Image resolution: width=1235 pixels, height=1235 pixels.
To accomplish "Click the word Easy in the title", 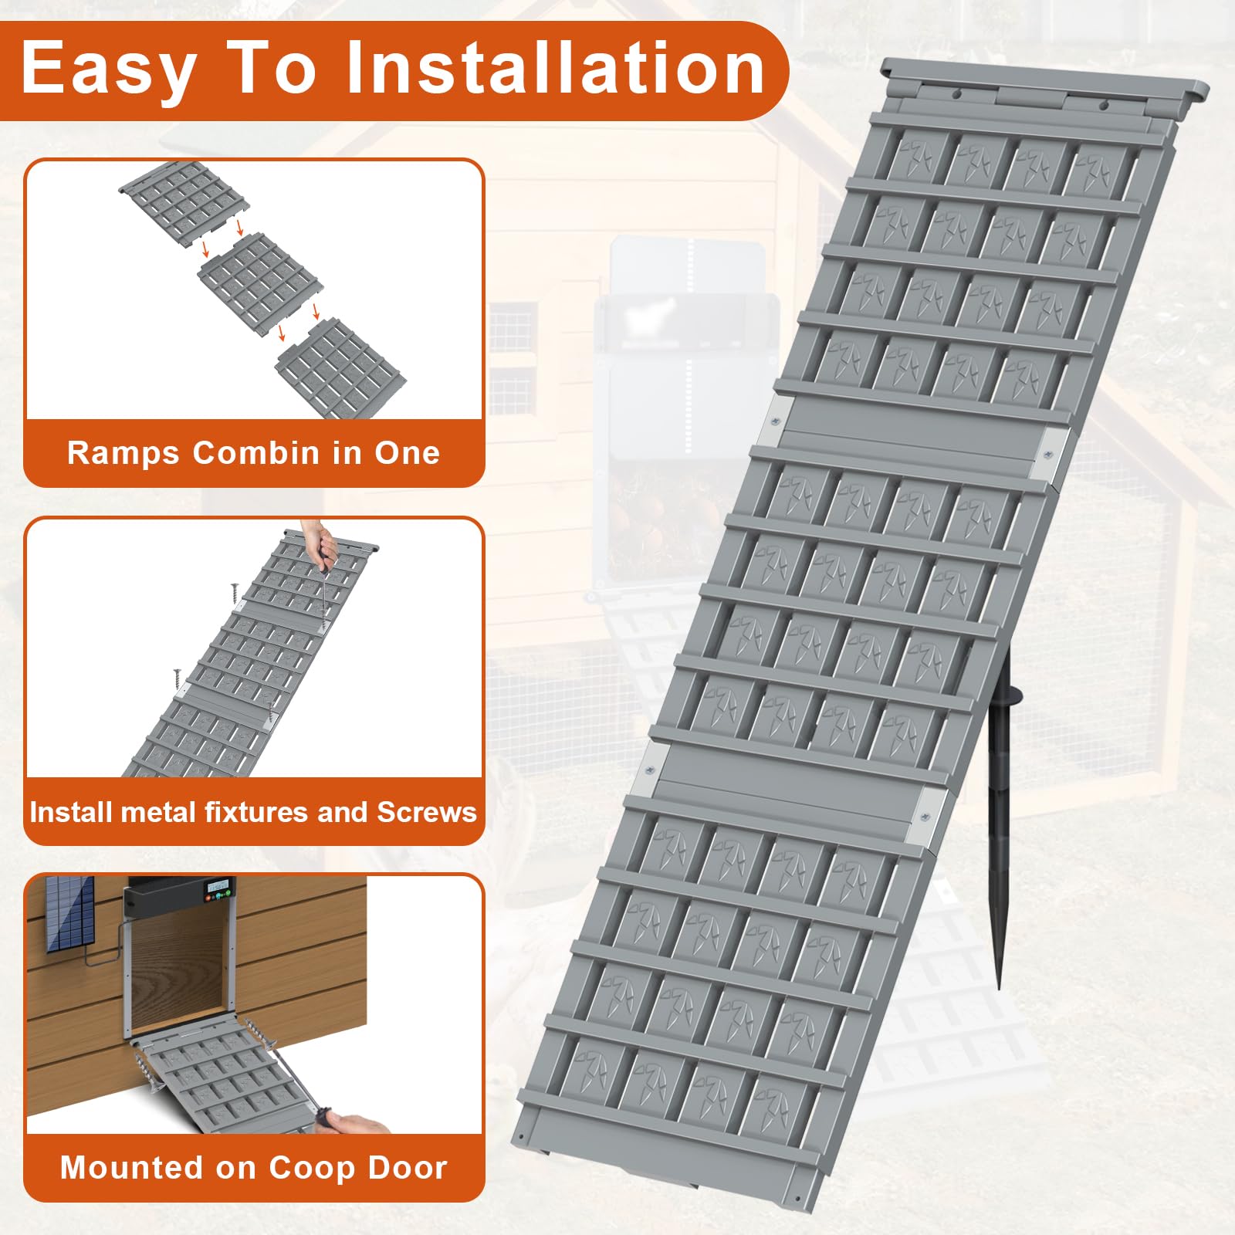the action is point(109,70).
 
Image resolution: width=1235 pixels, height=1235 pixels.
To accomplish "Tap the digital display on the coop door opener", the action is point(218,887).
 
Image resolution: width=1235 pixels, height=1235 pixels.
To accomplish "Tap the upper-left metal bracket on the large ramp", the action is point(777,422).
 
